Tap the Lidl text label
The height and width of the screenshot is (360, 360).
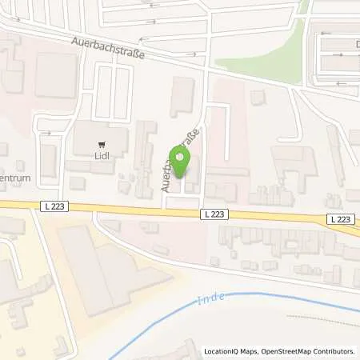tap(102, 156)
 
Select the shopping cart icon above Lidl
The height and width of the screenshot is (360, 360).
tap(102, 145)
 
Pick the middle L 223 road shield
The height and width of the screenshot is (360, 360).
tap(214, 214)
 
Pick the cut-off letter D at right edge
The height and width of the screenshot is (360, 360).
tap(355, 45)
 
